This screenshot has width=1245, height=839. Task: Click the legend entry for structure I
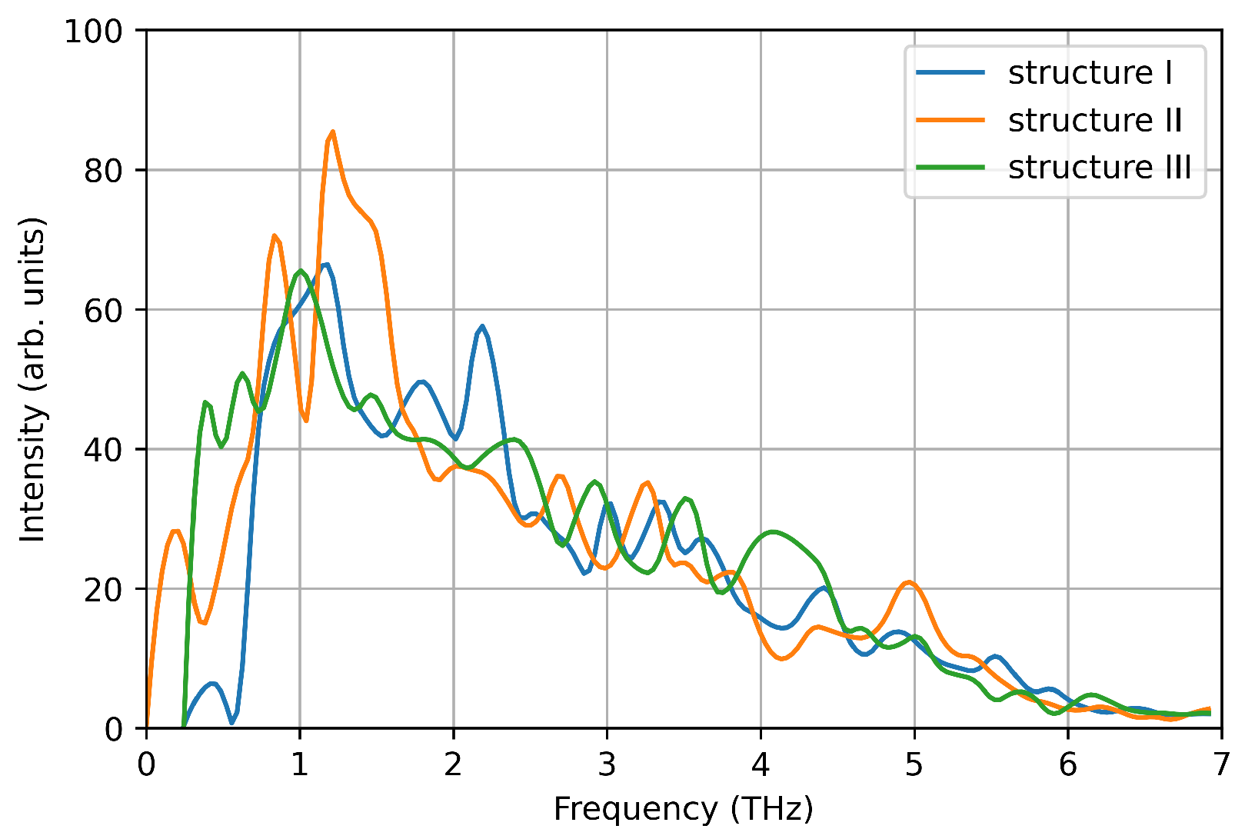(1090, 73)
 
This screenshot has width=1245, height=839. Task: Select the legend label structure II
(1095, 121)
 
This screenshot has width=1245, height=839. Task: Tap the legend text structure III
(1100, 168)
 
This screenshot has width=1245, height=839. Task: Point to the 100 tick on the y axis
(93, 31)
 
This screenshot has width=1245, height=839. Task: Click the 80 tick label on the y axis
(103, 171)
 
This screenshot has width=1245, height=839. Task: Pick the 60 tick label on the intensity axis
(103, 310)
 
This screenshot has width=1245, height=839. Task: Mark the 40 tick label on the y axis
(103, 450)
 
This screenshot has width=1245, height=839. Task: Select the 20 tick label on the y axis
(103, 589)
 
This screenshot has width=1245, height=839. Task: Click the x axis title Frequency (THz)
(683, 810)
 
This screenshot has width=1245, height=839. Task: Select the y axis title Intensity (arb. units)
(32, 379)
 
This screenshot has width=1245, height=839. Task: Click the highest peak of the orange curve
(332, 132)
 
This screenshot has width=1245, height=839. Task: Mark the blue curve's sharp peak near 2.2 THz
(482, 326)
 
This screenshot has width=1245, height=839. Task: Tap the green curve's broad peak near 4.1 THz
(772, 531)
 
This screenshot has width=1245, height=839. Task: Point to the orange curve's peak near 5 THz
(910, 582)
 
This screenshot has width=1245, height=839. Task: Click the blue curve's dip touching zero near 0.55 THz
(231, 723)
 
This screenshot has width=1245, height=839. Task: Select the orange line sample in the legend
(950, 121)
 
